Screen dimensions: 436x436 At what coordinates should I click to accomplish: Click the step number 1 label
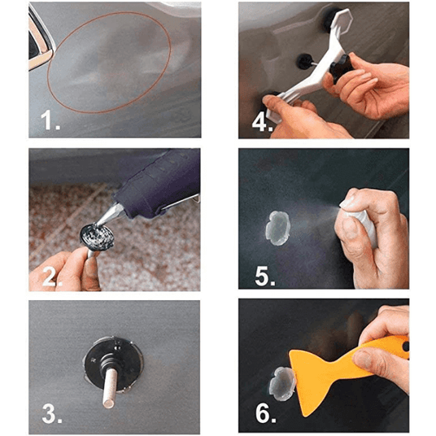tap(50, 120)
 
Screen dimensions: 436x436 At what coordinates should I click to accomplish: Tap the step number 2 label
tap(52, 276)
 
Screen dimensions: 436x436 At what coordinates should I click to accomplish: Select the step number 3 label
tap(52, 413)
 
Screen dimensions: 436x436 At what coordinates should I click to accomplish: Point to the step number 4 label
tap(262, 123)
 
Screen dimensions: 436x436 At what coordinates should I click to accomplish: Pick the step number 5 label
tap(265, 276)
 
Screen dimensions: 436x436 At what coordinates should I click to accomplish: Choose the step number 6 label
tap(265, 413)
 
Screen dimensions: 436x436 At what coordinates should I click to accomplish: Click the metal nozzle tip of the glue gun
tap(109, 215)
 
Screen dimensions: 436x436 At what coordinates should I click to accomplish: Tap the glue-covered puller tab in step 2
tap(97, 238)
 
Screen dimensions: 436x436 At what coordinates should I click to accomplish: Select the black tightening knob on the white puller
tap(340, 68)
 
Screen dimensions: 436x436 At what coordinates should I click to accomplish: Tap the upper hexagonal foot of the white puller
tap(342, 21)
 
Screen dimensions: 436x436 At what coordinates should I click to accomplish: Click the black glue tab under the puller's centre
tap(305, 62)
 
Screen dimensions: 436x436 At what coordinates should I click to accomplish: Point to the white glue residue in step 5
tap(278, 229)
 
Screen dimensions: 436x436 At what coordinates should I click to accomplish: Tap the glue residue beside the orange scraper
tap(281, 384)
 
